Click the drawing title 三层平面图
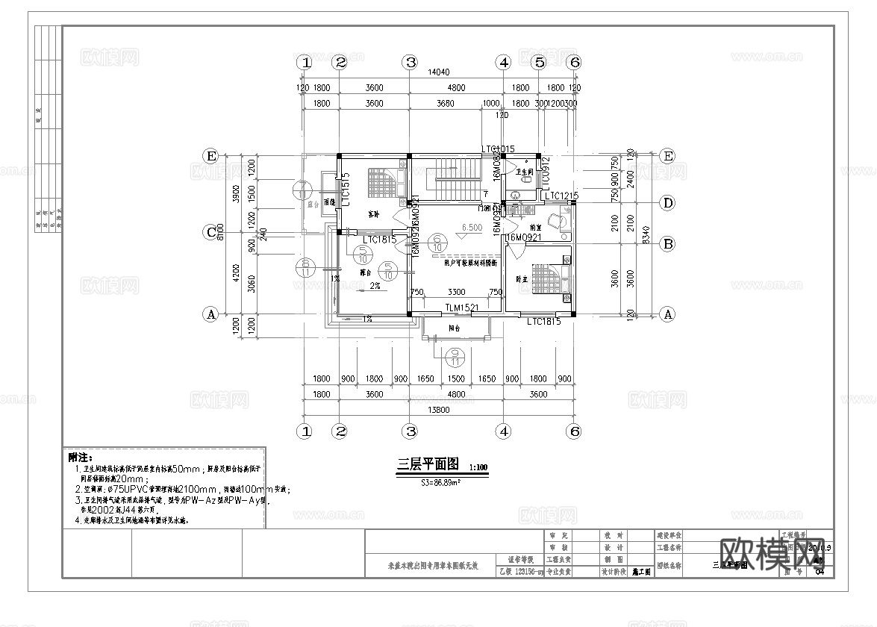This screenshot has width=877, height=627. pyautogui.click(x=422, y=464)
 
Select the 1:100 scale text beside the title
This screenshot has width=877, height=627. pyautogui.click(x=478, y=468)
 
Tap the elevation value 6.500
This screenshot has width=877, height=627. pyautogui.click(x=472, y=228)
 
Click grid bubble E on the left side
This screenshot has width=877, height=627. pyautogui.click(x=211, y=156)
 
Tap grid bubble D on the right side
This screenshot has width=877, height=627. pyautogui.click(x=668, y=203)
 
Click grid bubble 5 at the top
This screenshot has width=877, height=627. pyautogui.click(x=539, y=63)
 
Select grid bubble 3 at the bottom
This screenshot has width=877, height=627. pyautogui.click(x=410, y=431)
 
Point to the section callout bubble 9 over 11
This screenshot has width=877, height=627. pyautogui.click(x=455, y=357)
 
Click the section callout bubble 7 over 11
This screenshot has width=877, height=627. pyautogui.click(x=303, y=190)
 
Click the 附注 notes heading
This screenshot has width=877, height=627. pyautogui.click(x=79, y=457)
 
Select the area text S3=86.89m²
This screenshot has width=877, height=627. pyautogui.click(x=448, y=483)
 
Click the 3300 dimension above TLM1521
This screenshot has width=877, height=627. pyautogui.click(x=456, y=293)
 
